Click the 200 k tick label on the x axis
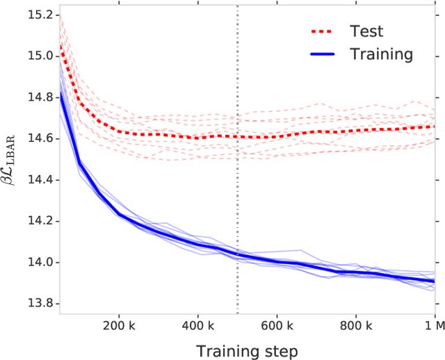pyautogui.click(x=118, y=324)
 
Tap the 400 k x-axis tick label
pyautogui.click(x=197, y=324)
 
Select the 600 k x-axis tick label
pyautogui.click(x=277, y=324)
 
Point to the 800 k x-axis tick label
pyautogui.click(x=356, y=324)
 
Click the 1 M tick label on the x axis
pyautogui.click(x=434, y=324)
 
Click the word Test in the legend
pyautogui.click(x=366, y=31)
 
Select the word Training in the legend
pyautogui.click(x=382, y=54)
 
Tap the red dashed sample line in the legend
pyautogui.click(x=325, y=31)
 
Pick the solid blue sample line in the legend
pyautogui.click(x=325, y=54)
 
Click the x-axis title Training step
pyautogui.click(x=247, y=350)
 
